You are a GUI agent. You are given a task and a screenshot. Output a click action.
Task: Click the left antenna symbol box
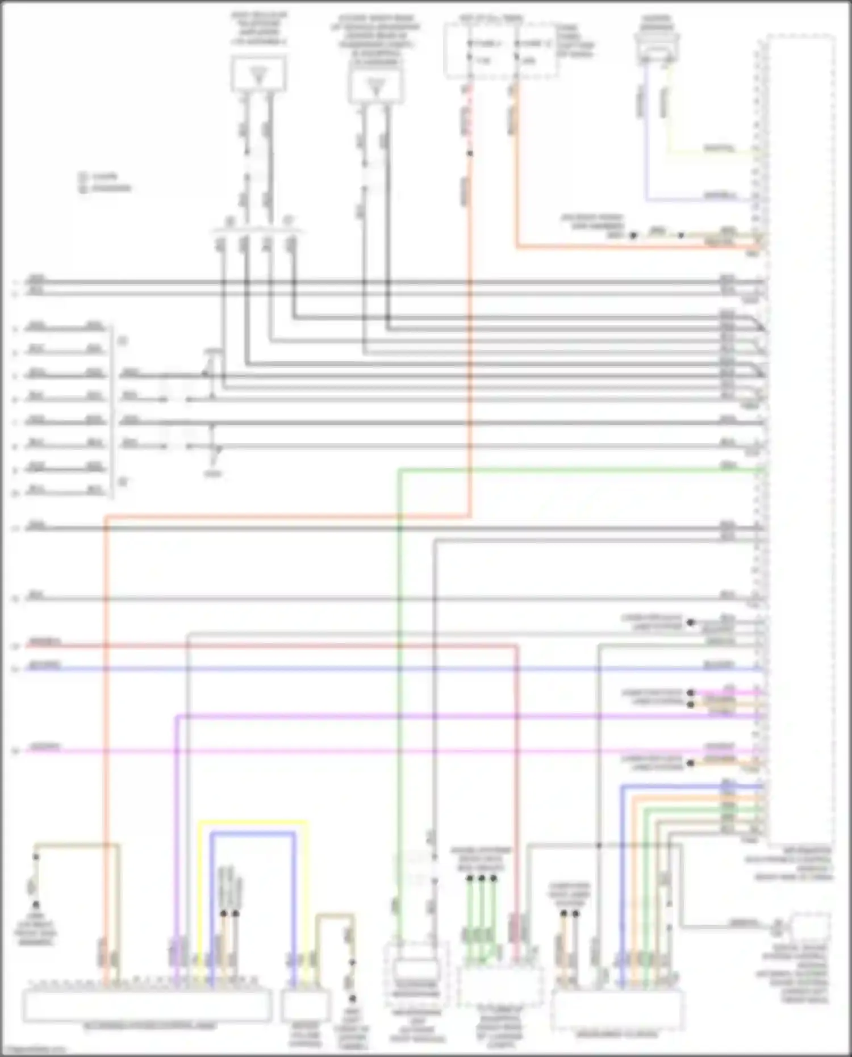258,74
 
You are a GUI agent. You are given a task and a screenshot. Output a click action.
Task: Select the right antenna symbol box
376,86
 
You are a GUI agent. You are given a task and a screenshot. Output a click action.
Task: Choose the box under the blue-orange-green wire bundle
617,1009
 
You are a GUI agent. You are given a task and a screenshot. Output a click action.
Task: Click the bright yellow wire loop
253,822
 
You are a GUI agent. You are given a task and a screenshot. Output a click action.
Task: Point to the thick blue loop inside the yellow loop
253,833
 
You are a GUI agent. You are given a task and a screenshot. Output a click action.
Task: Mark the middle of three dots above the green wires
482,879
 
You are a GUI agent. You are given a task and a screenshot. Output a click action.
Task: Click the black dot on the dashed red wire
470,153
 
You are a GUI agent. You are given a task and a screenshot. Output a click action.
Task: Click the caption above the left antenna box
258,28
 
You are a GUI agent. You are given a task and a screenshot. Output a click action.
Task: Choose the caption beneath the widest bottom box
150,1026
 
